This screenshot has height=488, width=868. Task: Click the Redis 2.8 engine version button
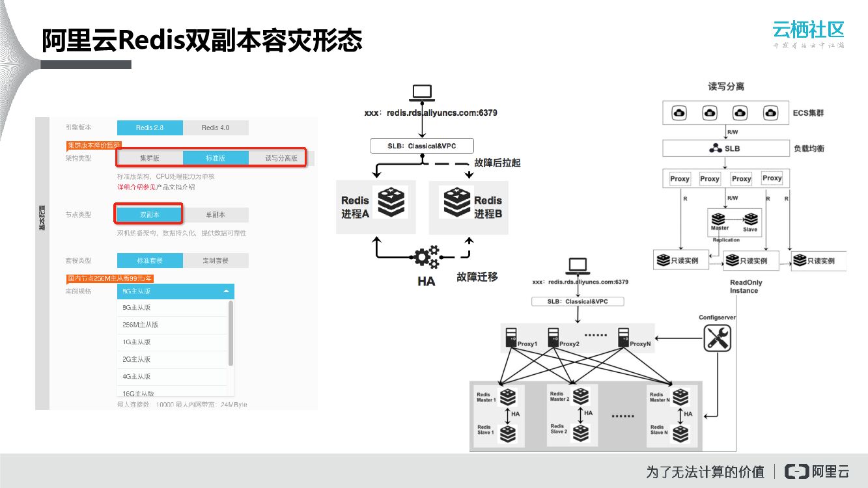tap(150, 128)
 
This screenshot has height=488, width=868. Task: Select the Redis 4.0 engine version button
tap(216, 128)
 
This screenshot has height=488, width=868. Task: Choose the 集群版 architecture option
tap(150, 158)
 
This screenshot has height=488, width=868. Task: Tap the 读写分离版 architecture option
tap(281, 158)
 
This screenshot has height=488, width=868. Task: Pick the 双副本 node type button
tap(149, 214)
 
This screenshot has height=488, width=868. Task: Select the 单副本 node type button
tap(216, 214)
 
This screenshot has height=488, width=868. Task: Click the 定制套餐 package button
tap(216, 261)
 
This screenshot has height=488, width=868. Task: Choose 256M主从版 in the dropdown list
tap(141, 325)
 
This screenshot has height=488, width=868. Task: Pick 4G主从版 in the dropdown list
tap(137, 376)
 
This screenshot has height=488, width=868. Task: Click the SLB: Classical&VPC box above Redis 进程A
tap(421, 146)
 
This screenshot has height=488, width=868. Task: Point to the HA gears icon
tap(427, 256)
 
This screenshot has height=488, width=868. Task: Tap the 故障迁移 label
tap(477, 277)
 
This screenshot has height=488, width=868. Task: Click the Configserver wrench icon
tap(718, 338)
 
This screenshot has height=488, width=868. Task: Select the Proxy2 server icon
tap(553, 336)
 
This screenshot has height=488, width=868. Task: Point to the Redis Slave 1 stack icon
tap(507, 432)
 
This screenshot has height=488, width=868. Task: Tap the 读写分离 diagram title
tap(726, 87)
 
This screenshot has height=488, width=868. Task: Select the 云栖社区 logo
tap(808, 29)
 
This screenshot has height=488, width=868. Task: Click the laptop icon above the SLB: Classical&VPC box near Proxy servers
tap(577, 265)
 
